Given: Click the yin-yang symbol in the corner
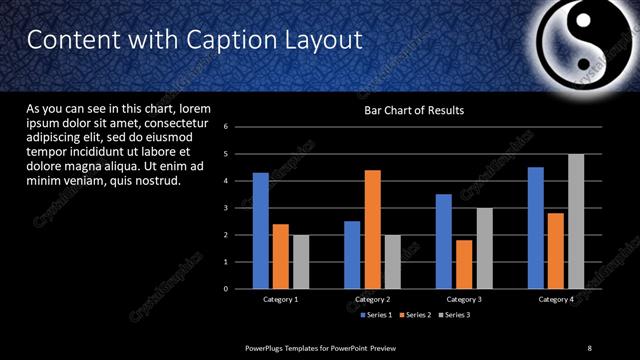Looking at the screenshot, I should point(581,42).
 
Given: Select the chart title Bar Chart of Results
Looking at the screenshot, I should point(413,110).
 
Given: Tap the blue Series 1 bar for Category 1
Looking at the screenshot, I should point(260,230).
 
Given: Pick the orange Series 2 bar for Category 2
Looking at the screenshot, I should point(372,229).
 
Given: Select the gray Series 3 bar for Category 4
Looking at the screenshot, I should point(576,221).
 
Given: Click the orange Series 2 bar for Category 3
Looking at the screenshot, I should point(464,264).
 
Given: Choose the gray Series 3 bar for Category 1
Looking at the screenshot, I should point(300,261).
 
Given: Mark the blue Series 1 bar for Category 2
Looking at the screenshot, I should point(352,254).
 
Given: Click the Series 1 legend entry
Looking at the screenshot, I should point(376,315).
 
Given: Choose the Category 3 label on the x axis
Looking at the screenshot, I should point(463,299).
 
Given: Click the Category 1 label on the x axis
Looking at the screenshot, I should point(281,299).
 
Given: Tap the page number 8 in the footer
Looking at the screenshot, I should point(589,347).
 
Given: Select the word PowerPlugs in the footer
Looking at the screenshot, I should point(265,347).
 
